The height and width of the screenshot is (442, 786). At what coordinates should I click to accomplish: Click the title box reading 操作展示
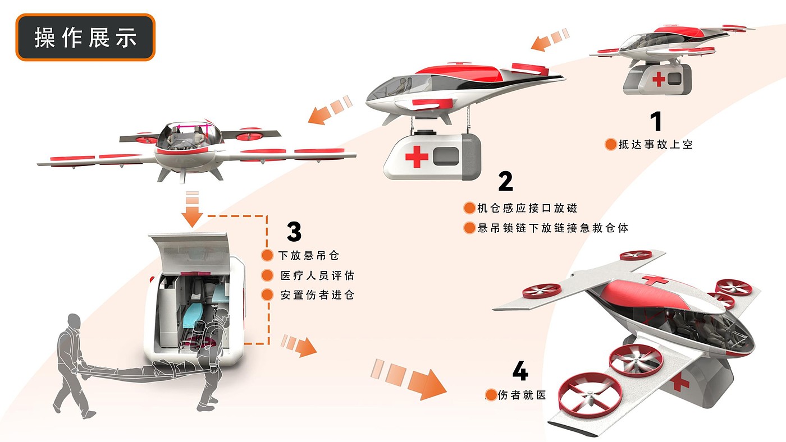85,38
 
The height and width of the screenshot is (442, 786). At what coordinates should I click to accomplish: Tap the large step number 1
655,122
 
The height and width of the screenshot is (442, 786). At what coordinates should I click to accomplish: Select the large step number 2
505,181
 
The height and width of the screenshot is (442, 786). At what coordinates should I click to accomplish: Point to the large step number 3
294,231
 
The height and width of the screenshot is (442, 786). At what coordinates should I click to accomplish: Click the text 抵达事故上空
656,145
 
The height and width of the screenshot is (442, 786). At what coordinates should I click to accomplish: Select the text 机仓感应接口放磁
527,208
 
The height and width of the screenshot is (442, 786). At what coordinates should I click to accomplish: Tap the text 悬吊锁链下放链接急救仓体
552,228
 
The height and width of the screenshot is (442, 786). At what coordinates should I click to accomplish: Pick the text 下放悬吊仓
309,256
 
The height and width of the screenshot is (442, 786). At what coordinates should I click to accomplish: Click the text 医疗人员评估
317,275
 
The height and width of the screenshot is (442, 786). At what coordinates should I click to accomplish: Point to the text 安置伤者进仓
317,295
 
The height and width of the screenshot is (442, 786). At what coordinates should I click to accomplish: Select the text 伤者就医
522,395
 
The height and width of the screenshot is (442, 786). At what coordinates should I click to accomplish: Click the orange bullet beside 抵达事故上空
610,145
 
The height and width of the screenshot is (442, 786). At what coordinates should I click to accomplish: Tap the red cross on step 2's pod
417,156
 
